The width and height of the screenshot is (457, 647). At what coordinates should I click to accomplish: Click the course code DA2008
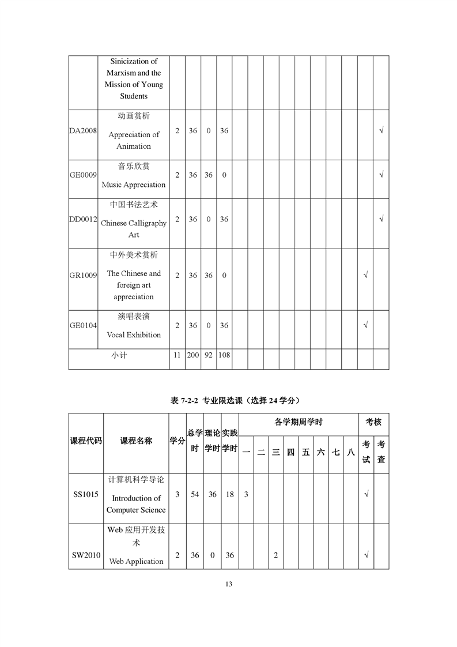pyautogui.click(x=83, y=131)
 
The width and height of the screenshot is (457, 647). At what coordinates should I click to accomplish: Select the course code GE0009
pyautogui.click(x=83, y=175)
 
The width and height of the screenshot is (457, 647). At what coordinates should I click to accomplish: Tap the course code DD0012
pyautogui.click(x=83, y=219)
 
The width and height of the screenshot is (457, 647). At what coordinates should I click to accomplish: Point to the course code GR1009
pyautogui.click(x=83, y=275)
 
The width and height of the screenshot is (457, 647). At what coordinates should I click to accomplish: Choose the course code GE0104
pyautogui.click(x=83, y=325)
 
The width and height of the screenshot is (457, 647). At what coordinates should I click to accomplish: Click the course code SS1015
pyautogui.click(x=86, y=494)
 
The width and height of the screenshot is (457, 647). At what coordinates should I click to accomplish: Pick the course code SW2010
pyautogui.click(x=86, y=555)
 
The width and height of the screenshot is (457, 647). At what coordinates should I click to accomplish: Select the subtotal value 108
pyautogui.click(x=224, y=355)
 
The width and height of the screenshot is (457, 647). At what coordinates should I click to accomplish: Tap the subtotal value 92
pyautogui.click(x=209, y=355)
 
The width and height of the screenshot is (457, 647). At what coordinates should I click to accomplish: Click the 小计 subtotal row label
pyautogui.click(x=119, y=355)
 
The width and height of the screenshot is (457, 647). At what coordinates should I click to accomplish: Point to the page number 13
pyautogui.click(x=229, y=584)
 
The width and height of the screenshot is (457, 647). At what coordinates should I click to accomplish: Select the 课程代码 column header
pyautogui.click(x=86, y=441)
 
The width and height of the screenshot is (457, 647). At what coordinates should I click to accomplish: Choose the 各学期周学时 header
pyautogui.click(x=298, y=422)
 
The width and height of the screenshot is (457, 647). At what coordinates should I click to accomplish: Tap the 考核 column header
pyautogui.click(x=373, y=422)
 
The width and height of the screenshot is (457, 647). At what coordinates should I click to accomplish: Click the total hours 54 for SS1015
pyautogui.click(x=195, y=494)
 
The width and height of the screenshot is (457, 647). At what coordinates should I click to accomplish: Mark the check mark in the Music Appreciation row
pyautogui.click(x=381, y=175)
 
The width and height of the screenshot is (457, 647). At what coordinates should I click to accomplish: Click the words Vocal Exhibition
pyautogui.click(x=134, y=334)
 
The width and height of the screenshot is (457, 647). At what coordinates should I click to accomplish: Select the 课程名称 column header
pyautogui.click(x=136, y=441)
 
